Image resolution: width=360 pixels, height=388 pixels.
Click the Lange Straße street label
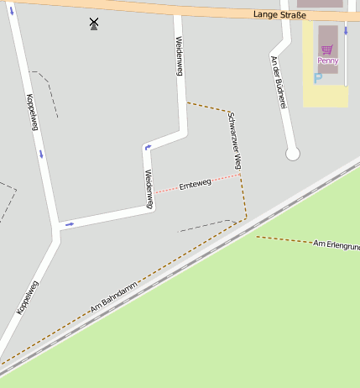pyautogui.click(x=280, y=15)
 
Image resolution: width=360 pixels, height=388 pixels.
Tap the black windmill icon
pyautogui.click(x=94, y=24)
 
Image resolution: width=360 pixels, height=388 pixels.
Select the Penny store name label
pyautogui.click(x=327, y=60)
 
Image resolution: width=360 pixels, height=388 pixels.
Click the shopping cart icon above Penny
pyautogui.click(x=327, y=50)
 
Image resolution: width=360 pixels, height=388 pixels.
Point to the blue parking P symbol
pyautogui.click(x=317, y=78)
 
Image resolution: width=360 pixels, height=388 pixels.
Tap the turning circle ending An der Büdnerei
pyautogui.click(x=292, y=154)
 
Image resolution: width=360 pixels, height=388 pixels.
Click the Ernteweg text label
pyautogui.click(x=195, y=183)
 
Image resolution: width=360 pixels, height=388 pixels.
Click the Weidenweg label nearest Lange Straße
pyautogui.click(x=179, y=56)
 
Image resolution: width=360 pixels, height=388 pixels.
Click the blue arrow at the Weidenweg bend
pyautogui.click(x=148, y=148)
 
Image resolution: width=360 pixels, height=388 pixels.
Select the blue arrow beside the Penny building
pyautogui.click(x=345, y=30)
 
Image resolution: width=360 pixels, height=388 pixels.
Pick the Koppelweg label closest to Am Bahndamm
pyautogui.click(x=28, y=297)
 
